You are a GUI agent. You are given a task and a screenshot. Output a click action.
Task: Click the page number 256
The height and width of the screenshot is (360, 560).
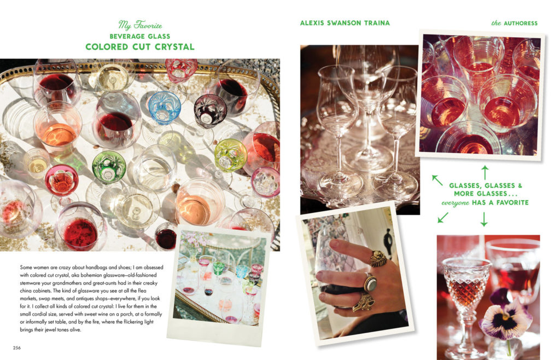tap(17, 347)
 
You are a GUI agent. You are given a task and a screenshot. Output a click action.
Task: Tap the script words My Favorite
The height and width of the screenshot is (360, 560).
tap(140, 25)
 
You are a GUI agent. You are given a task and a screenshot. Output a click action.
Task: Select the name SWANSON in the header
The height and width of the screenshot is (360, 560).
tap(345, 23)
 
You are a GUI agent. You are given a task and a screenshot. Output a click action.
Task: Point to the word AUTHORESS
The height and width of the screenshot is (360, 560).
tap(521, 23)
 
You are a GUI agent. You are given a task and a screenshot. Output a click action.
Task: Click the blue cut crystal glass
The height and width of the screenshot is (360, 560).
tap(164, 107)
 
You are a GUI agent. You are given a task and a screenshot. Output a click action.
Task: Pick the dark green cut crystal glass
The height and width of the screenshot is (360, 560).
tap(109, 166)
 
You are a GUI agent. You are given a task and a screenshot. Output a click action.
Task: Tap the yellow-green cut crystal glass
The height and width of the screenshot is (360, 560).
tap(230, 155)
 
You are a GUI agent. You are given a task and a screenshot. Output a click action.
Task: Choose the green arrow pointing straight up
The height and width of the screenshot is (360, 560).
tap(485, 172)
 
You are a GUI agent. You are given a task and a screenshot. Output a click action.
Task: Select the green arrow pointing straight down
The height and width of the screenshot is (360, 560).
tap(484, 219)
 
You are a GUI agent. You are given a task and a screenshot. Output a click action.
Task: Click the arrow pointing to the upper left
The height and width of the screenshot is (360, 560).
tap(437, 180)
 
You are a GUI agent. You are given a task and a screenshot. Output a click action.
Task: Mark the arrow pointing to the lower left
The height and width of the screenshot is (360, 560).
tap(443, 218)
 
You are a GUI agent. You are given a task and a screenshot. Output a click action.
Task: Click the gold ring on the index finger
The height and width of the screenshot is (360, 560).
tap(378, 258)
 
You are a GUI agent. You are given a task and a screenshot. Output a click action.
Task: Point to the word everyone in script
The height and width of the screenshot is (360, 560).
tap(456, 203)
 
